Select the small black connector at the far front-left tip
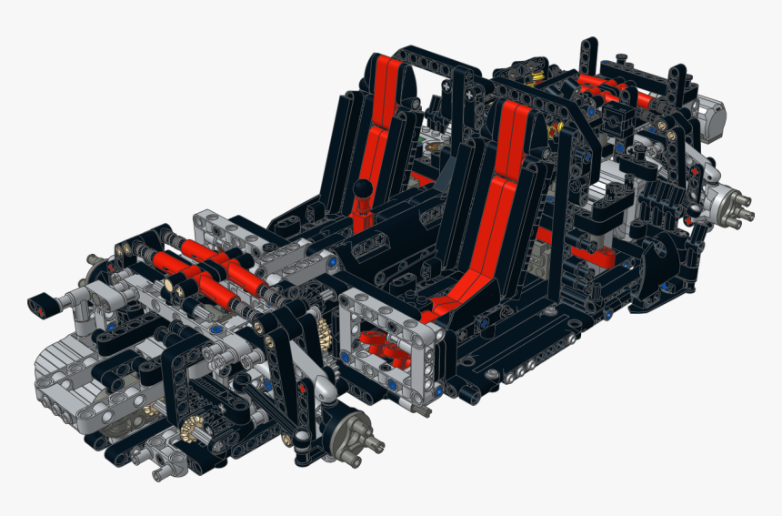coord(42,303)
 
